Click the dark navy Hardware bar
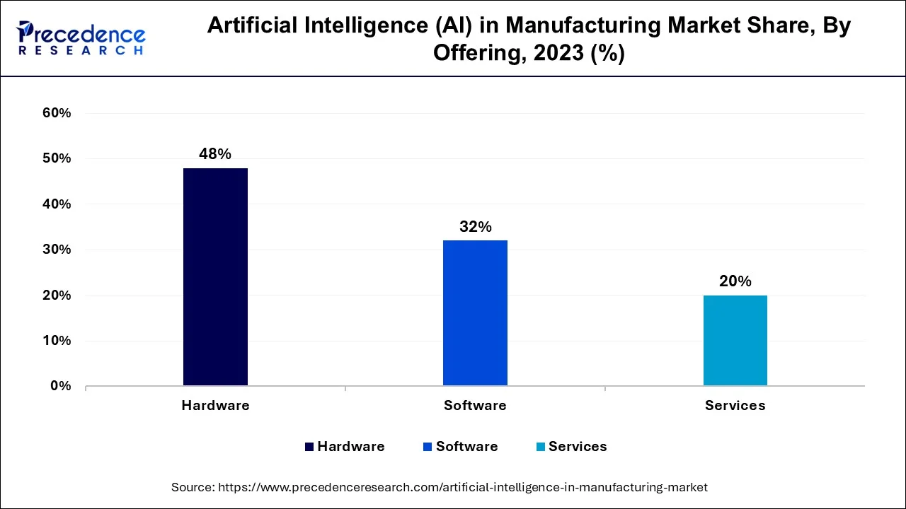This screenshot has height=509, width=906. coord(215,276)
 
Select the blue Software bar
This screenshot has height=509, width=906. coord(475,312)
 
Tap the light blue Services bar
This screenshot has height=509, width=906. coord(735,340)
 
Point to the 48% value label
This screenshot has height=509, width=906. coord(215,154)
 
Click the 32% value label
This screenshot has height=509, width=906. coord(475,227)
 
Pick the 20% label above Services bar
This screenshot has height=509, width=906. coord(735,281)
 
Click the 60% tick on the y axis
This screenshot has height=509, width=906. coord(57,113)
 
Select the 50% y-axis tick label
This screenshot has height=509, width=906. coord(57,158)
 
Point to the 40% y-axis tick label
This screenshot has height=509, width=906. coord(57,204)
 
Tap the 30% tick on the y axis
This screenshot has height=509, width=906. coord(57,250)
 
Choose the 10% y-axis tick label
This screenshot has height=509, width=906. coord(57,341)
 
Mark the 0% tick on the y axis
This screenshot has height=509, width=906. coord(60,386)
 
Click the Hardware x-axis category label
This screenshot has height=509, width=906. coord(215,406)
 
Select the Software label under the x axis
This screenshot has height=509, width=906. coord(475,406)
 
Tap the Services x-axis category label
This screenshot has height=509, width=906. coord(735,406)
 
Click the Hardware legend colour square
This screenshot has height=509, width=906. coord(309,447)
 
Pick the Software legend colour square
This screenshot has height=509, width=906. coord(428,447)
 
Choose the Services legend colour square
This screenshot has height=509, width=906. coord(541,447)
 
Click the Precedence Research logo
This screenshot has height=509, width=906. coord(81,38)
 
